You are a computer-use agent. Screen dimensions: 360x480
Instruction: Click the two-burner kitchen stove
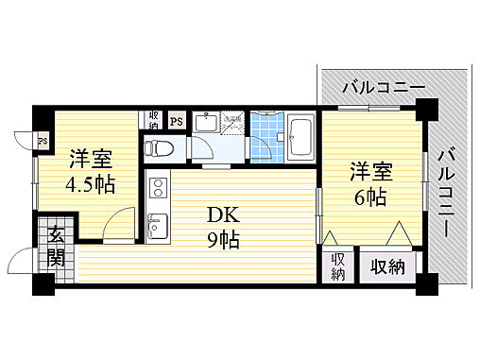coord(157,189)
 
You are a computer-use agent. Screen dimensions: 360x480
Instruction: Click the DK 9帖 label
coord(224,227)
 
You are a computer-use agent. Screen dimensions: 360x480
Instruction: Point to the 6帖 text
coord(371,197)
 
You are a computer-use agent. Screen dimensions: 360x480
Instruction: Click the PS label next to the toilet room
coord(176,120)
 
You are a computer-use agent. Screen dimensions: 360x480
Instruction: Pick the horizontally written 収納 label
coord(386,266)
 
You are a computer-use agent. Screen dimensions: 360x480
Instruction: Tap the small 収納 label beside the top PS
coord(153,119)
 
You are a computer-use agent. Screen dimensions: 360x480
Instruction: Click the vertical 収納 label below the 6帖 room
coord(338,266)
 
